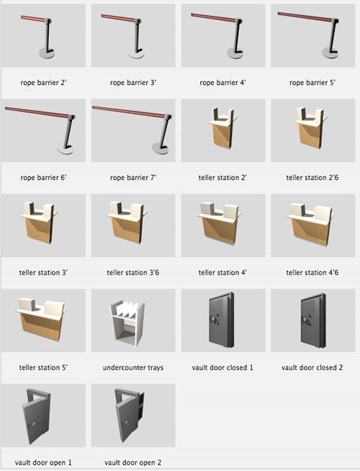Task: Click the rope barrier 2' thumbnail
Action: [43, 35]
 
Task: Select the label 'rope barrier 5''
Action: [312, 82]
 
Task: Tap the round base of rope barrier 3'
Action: [137, 55]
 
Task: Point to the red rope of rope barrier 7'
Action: [128, 110]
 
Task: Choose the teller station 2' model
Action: [222, 127]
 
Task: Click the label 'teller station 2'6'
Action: [312, 178]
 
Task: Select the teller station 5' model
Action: [40, 319]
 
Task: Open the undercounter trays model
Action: [127, 324]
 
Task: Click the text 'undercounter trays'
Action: [133, 367]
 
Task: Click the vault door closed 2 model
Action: [313, 320]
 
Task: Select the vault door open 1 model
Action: [37, 416]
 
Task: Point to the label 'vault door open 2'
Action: [132, 462]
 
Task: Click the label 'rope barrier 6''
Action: [43, 178]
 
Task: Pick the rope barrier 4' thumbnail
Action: [223, 35]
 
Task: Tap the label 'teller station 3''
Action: [43, 272]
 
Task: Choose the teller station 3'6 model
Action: [127, 223]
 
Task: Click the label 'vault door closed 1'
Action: [222, 367]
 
